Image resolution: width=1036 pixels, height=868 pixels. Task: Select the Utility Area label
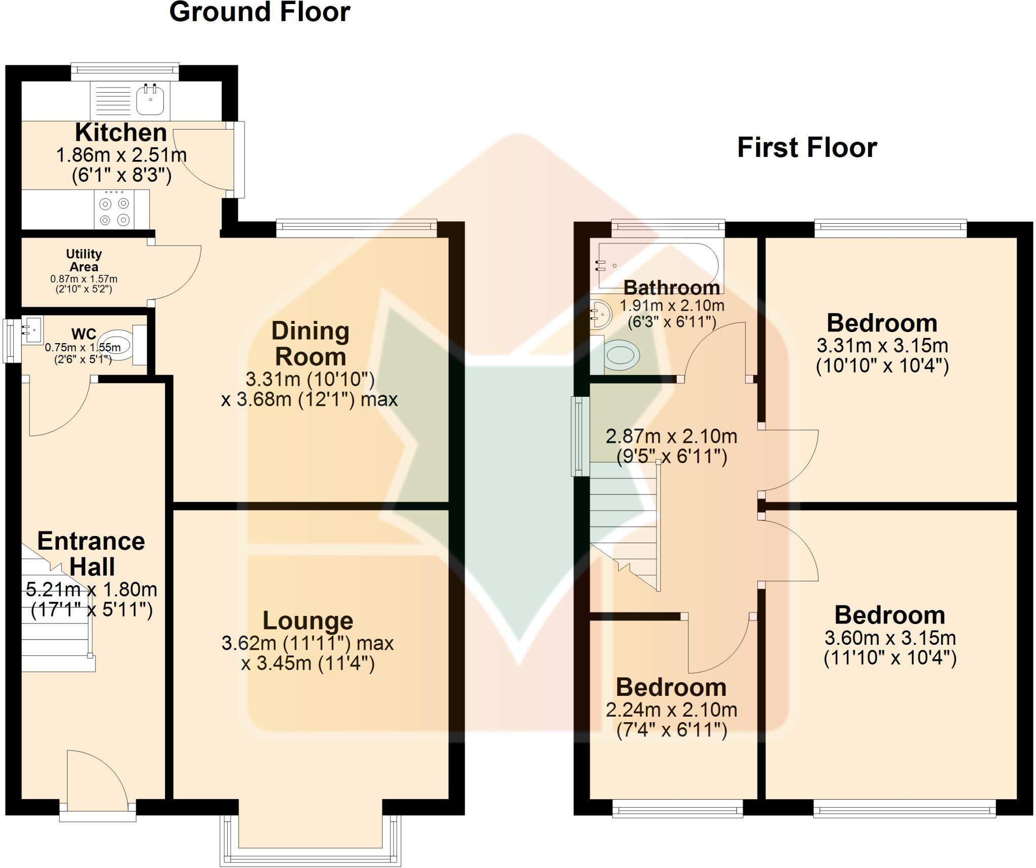click(x=84, y=260)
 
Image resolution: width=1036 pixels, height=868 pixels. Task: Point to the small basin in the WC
click(x=32, y=329)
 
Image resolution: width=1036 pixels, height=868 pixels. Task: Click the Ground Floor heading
click(x=260, y=12)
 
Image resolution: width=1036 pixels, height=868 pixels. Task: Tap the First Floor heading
click(x=807, y=148)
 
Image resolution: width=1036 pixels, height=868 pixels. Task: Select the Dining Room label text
click(x=310, y=344)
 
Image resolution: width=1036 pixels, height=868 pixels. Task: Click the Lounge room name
click(x=308, y=621)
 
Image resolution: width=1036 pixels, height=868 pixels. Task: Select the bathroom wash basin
click(x=601, y=314)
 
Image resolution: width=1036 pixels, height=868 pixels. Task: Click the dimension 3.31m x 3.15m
click(x=882, y=346)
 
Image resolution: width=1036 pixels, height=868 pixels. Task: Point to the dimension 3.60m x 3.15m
click(x=890, y=638)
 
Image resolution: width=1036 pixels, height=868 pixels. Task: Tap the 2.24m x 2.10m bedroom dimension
click(x=671, y=710)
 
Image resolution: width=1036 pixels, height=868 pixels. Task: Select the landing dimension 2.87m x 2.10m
click(x=671, y=436)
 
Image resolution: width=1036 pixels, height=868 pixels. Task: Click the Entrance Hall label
click(x=92, y=554)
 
